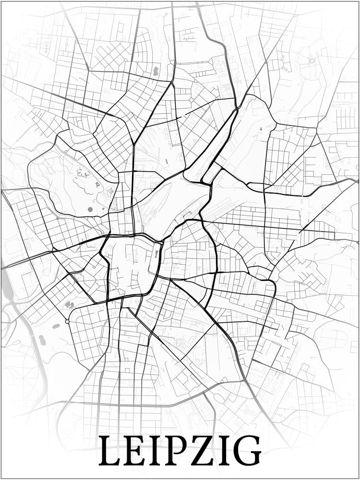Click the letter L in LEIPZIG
tap(110, 451)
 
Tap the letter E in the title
tap(135, 451)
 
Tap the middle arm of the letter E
tap(135, 451)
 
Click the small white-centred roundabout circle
tap(67, 321)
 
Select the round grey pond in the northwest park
tap(90, 209)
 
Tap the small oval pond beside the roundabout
tap(56, 326)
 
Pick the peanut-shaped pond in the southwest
tap(42, 340)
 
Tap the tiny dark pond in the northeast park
tap(261, 129)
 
